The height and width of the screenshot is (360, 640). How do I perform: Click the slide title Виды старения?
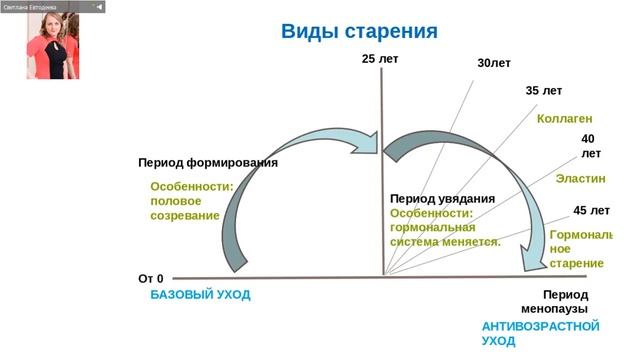click(359, 31)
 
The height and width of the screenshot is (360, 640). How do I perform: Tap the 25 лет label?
click(380, 60)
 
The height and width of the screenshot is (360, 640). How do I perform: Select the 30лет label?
click(494, 64)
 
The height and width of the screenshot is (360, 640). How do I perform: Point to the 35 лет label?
click(544, 91)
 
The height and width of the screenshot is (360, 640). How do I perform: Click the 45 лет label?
click(591, 211)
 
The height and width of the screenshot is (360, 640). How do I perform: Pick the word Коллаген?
click(566, 119)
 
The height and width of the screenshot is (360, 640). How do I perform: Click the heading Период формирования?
click(207, 162)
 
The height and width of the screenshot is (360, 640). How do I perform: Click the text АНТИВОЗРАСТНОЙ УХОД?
click(540, 334)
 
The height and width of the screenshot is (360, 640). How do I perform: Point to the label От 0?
click(150, 278)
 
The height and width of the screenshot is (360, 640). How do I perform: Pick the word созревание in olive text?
click(184, 216)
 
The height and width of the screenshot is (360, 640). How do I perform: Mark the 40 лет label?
click(591, 147)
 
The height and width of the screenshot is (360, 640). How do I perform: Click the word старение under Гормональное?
click(577, 263)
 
